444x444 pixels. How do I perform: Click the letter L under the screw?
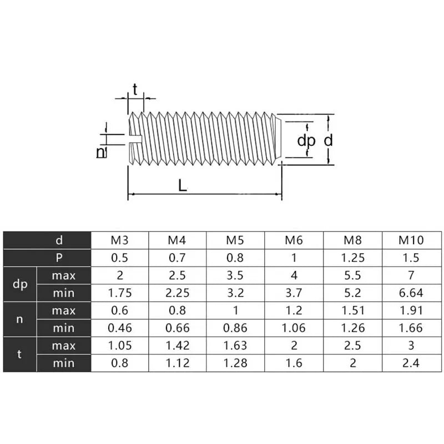click(x=183, y=185)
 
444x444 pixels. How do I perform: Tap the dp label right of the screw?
click(x=306, y=141)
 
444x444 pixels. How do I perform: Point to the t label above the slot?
click(x=135, y=89)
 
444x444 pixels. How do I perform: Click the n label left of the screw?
click(x=101, y=152)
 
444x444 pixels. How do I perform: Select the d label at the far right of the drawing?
click(x=328, y=140)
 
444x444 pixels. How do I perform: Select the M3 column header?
click(x=119, y=240)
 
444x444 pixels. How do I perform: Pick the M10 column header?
click(x=411, y=240)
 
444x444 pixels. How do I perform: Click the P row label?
click(x=59, y=258)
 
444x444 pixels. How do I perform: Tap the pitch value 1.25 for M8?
click(x=352, y=258)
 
